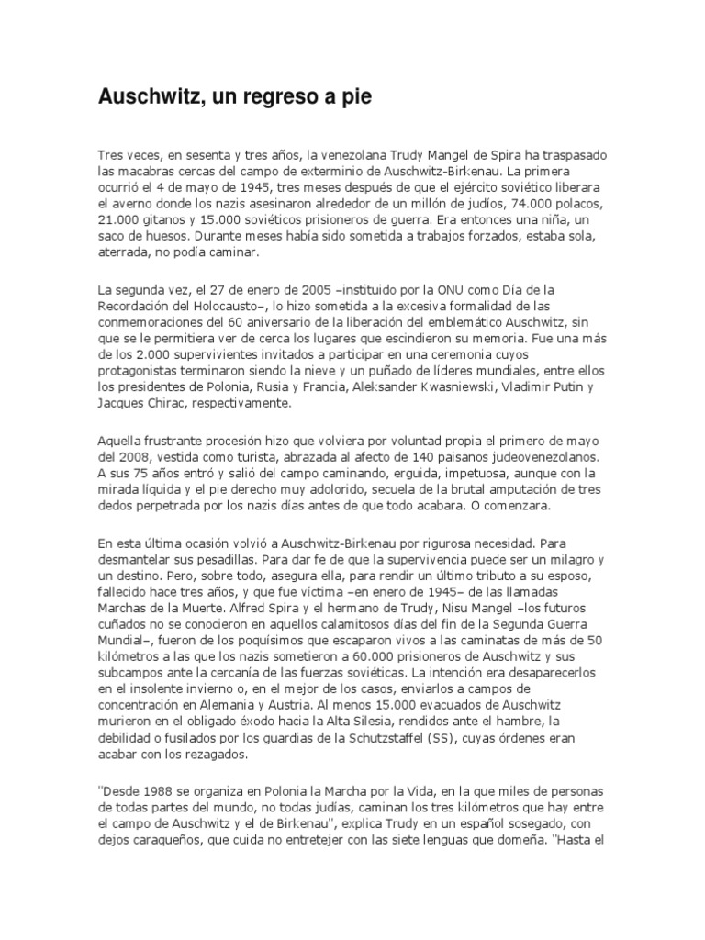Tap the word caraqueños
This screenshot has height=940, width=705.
(168, 844)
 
